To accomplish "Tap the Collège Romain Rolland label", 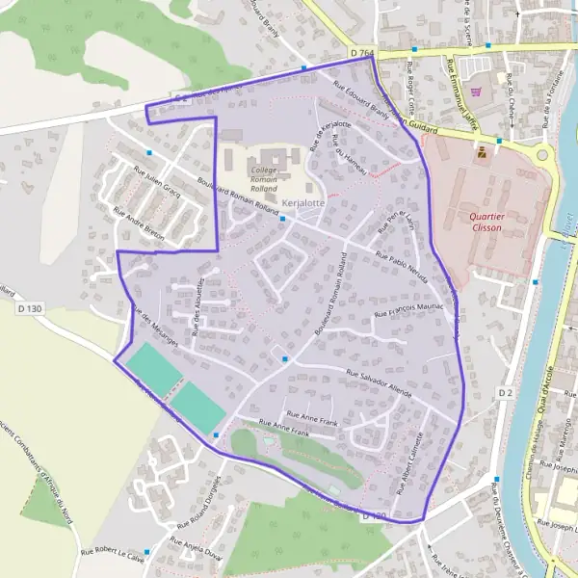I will [263, 175].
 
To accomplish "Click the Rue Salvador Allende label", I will [379, 382].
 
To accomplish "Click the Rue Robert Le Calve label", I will [112, 555].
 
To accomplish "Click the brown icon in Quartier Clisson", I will [481, 152].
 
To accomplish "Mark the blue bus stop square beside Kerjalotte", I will [282, 219].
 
